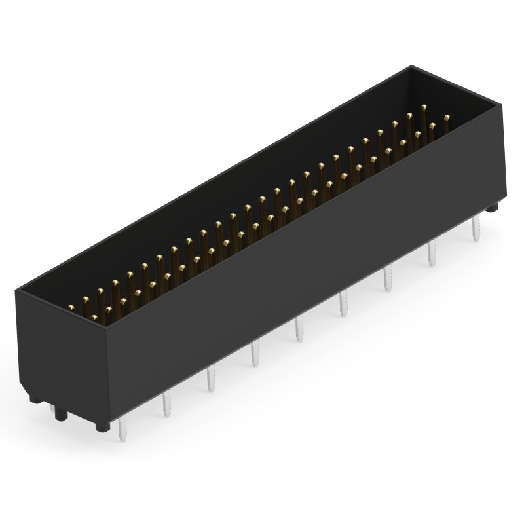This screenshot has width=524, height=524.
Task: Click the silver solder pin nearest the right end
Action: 476,231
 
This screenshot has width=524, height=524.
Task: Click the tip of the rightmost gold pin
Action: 447,118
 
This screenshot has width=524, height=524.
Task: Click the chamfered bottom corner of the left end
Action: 31,396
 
